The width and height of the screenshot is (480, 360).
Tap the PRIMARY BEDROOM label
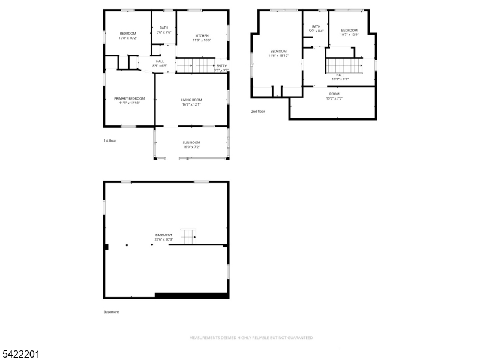[129, 100]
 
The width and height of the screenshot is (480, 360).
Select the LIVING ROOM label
[191, 102]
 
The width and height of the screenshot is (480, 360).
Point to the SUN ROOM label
[191, 145]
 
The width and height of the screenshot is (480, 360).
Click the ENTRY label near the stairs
[221, 67]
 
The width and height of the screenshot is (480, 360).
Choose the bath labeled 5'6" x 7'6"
[164, 29]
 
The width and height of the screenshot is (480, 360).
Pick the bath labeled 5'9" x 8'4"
[316, 28]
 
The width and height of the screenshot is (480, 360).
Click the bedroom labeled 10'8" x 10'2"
[128, 35]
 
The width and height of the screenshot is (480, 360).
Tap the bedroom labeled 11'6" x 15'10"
[278, 53]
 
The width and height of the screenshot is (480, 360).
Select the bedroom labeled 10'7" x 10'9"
[349, 32]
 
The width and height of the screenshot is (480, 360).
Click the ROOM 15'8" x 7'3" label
[334, 96]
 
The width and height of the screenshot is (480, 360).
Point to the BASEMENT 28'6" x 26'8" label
[164, 237]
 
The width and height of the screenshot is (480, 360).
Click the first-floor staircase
[194, 65]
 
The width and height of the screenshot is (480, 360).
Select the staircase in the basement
[190, 236]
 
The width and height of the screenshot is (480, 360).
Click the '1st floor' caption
[109, 140]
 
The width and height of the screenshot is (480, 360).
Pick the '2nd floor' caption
[258, 111]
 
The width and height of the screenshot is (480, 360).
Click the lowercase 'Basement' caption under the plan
[112, 312]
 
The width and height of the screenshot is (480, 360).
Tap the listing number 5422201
[20, 355]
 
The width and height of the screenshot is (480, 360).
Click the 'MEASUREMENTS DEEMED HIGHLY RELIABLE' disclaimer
[251, 338]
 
